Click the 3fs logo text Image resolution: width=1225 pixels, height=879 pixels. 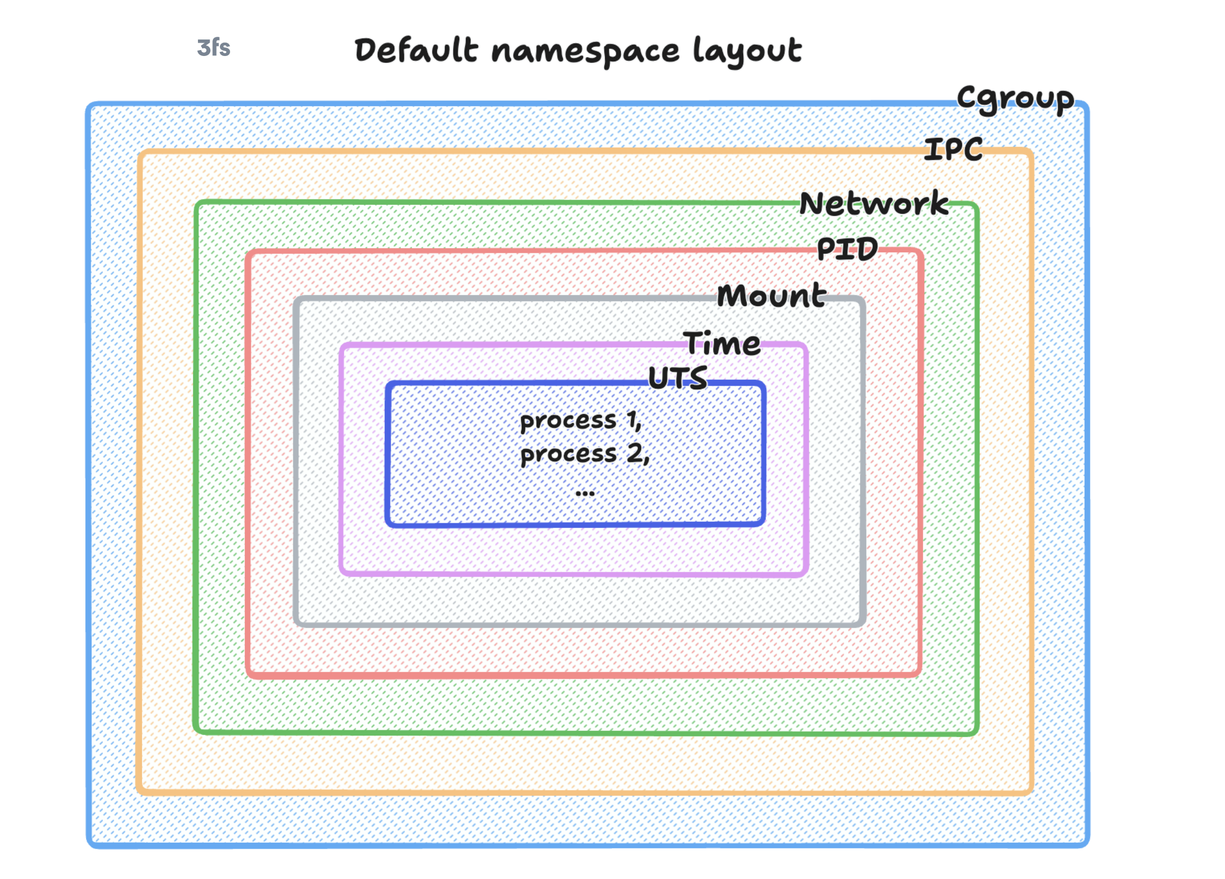pos(213,48)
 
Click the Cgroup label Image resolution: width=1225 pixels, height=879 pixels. pos(1015,99)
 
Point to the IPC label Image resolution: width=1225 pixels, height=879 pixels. pos(953,149)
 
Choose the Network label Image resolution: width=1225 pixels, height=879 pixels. pos(873,204)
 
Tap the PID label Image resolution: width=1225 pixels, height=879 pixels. pos(847,249)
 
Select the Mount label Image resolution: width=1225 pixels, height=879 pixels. pos(771,295)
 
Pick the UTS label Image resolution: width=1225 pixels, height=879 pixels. pos(677,378)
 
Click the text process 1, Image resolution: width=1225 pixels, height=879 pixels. pos(580,421)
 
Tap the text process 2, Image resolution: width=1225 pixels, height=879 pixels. pos(584,454)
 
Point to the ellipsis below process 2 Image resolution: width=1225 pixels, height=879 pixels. pos(585,493)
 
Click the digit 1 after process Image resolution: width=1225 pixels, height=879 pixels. pos(631,420)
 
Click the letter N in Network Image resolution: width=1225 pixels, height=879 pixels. pos(810,204)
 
